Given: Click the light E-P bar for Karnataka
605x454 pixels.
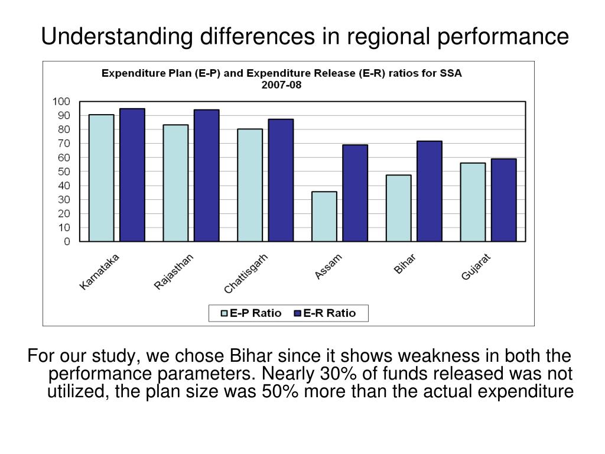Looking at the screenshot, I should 101,177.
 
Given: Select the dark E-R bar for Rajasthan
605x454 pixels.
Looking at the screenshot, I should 206,175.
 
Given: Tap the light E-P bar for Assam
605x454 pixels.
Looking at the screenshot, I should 324,216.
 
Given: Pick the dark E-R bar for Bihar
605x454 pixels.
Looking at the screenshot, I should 430,191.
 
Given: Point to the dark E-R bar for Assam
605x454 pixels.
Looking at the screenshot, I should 355,193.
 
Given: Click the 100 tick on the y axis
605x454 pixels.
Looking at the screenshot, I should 61,101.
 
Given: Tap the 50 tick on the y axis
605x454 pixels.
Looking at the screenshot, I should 64,171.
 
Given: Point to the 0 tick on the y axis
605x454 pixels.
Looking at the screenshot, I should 67,241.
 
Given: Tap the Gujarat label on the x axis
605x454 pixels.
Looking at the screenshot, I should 477,267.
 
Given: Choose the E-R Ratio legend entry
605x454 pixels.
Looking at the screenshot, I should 324,313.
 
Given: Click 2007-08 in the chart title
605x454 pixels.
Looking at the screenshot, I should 282,84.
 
